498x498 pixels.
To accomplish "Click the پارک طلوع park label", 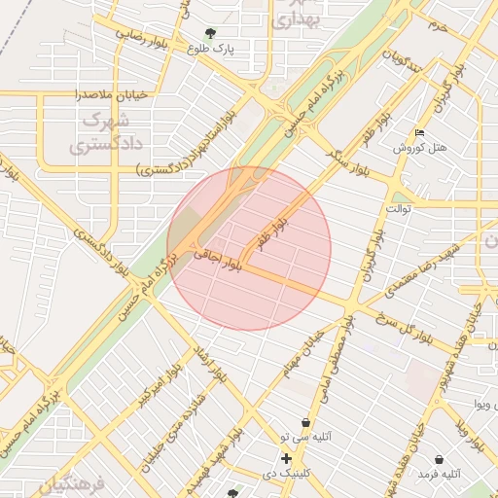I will (219, 48).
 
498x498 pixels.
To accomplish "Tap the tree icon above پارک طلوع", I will (210, 31).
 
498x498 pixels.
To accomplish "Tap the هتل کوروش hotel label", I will (420, 148).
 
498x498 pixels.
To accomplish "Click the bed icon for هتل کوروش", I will (419, 132).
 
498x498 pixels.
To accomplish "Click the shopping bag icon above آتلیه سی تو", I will (306, 423).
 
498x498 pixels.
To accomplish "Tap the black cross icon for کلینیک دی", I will (286, 458).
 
